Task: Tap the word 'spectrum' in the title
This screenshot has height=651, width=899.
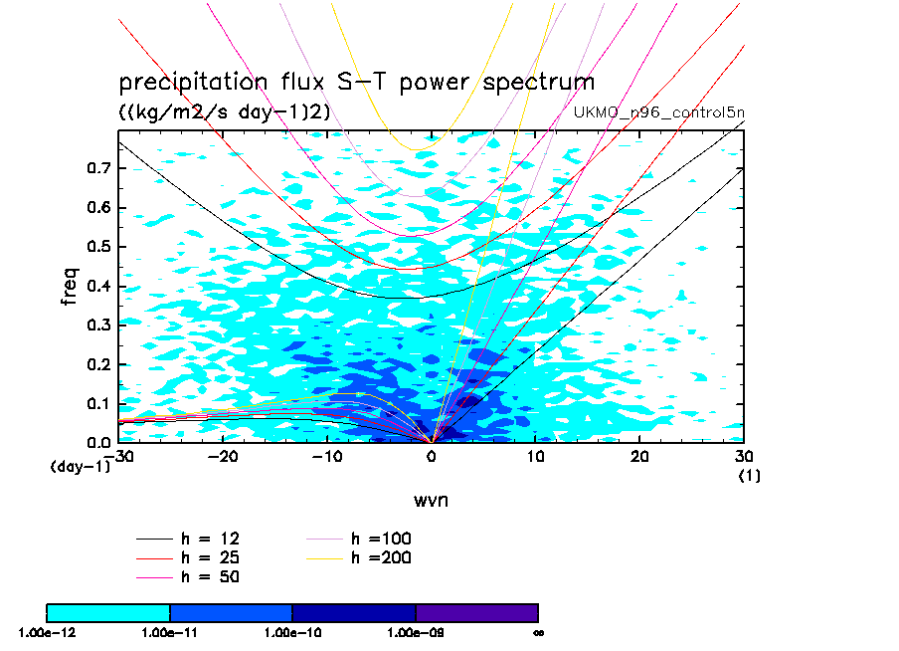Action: pos(538,82)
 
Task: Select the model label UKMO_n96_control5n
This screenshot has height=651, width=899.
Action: pos(657,111)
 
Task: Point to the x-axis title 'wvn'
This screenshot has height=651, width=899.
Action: pos(431,500)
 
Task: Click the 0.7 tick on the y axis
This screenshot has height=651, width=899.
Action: pos(96,169)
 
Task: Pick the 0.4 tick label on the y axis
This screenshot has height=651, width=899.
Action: pos(96,287)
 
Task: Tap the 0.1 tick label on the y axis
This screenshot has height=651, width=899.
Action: pos(96,403)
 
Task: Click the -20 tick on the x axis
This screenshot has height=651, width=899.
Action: pos(224,456)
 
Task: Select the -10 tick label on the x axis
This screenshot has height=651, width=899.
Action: pos(327,456)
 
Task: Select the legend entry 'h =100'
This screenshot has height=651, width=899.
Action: pos(382,539)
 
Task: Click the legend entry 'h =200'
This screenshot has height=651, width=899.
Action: pos(382,557)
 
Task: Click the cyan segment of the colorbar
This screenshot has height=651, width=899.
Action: pos(108,612)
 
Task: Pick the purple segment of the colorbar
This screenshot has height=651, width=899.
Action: pos(476,612)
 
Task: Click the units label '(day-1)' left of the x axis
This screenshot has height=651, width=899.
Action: pos(80,466)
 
